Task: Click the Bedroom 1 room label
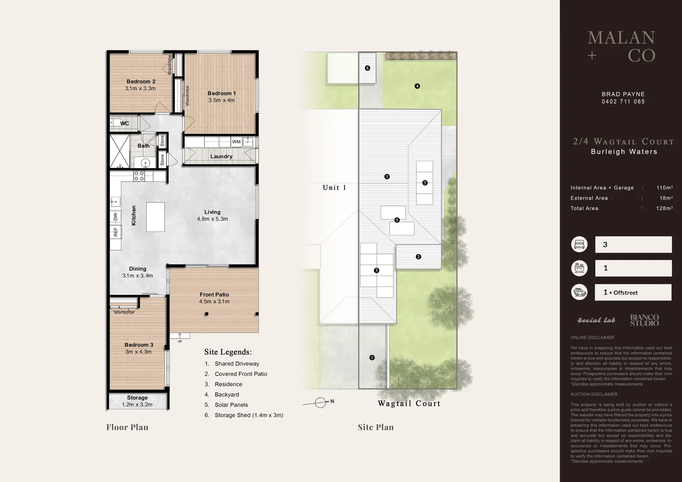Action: [x=221, y=94]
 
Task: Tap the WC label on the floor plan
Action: [x=125, y=124]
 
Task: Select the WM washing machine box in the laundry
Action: [x=236, y=142]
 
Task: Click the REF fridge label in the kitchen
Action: [x=116, y=232]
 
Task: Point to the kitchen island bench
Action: [x=155, y=217]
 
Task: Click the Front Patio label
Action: [x=214, y=295]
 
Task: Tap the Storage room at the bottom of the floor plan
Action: [x=137, y=401]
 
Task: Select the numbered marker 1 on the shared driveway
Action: [x=372, y=357]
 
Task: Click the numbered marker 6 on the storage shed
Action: [x=367, y=68]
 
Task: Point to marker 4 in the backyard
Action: [x=417, y=86]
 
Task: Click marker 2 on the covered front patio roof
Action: [x=418, y=257]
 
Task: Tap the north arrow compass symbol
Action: [x=320, y=403]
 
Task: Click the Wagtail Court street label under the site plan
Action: [x=409, y=403]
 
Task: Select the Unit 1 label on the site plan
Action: [x=334, y=187]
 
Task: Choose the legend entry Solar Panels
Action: [x=231, y=405]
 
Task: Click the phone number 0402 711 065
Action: [x=623, y=102]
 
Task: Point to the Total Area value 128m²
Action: [x=664, y=208]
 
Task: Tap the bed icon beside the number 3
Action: [x=579, y=245]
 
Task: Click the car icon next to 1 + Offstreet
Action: [x=579, y=292]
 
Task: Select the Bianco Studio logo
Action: [x=644, y=320]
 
